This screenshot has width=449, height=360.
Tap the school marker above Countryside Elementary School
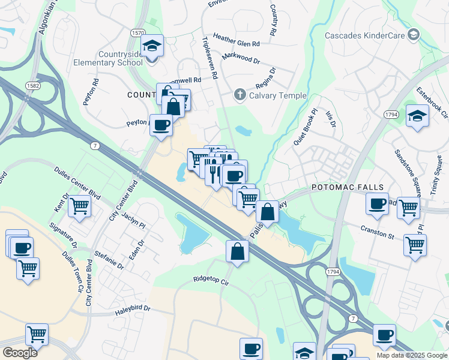152,46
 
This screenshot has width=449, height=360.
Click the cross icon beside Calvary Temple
240,94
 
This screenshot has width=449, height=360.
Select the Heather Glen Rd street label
236,44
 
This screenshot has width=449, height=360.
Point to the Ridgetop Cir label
211,280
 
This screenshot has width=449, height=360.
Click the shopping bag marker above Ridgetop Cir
238,251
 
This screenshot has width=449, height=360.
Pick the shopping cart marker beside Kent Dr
79,206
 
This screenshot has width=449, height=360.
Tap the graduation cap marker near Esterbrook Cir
417,116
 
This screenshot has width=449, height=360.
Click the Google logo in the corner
20,353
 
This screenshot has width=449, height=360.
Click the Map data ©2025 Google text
411,355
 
